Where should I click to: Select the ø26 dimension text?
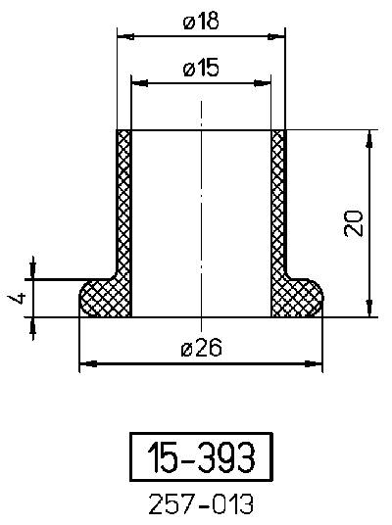point(201,347)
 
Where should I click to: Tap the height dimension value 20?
point(355,223)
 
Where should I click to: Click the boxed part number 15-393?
point(201,456)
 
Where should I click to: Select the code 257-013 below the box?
point(201,504)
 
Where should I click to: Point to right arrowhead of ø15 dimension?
point(265,84)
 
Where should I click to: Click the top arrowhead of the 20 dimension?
point(369,137)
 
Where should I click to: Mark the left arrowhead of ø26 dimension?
point(85,363)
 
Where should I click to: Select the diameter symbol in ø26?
point(187,348)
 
